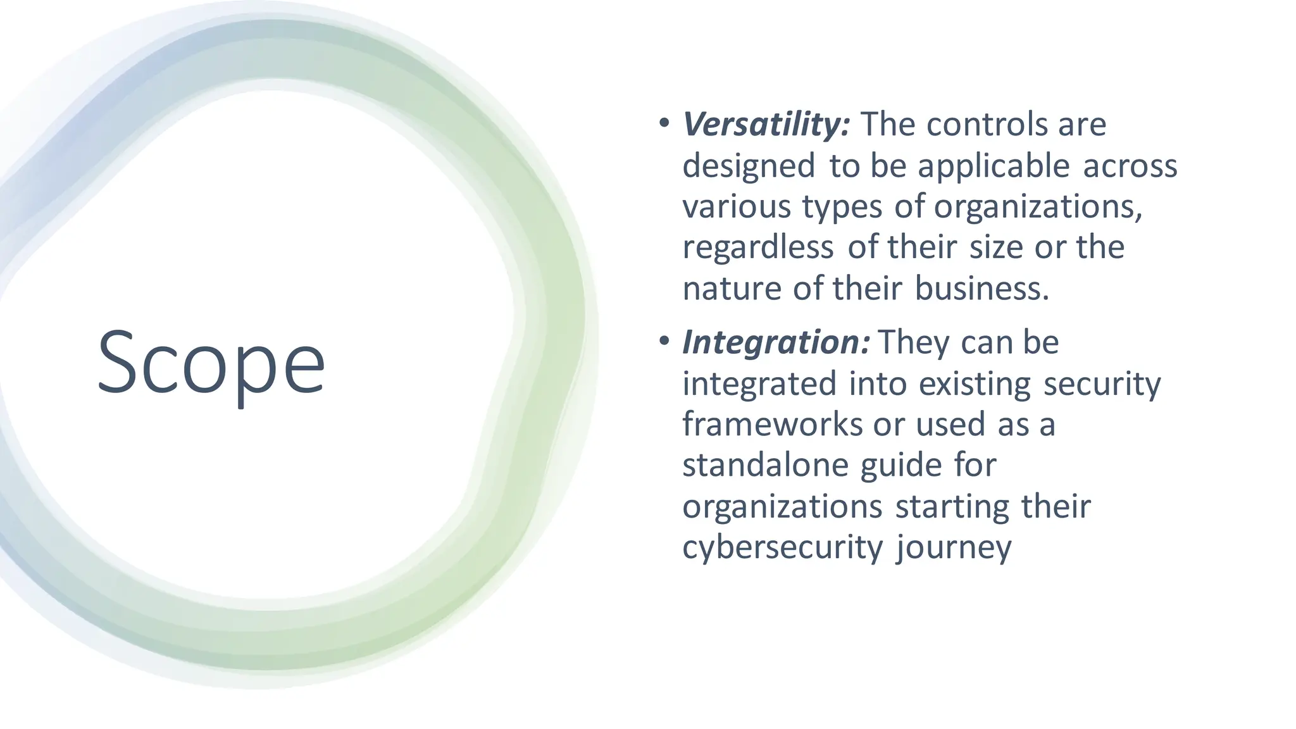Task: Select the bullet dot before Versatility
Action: (x=663, y=123)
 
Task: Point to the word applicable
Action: (x=994, y=167)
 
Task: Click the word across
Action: (x=1130, y=166)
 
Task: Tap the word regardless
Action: (x=757, y=248)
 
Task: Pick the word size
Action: (x=996, y=247)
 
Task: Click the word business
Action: (x=982, y=289)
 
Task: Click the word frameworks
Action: (x=772, y=424)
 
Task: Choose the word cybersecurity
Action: (x=782, y=548)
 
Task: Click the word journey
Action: (x=954, y=549)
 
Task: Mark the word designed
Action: (x=749, y=167)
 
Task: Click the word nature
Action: (x=732, y=289)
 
